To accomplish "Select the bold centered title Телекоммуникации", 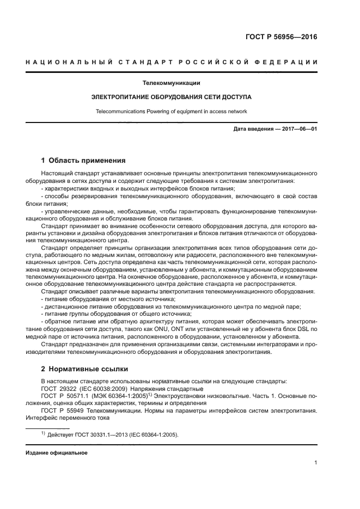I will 171,84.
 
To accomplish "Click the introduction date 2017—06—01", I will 297,129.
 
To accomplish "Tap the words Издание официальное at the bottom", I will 57,452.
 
